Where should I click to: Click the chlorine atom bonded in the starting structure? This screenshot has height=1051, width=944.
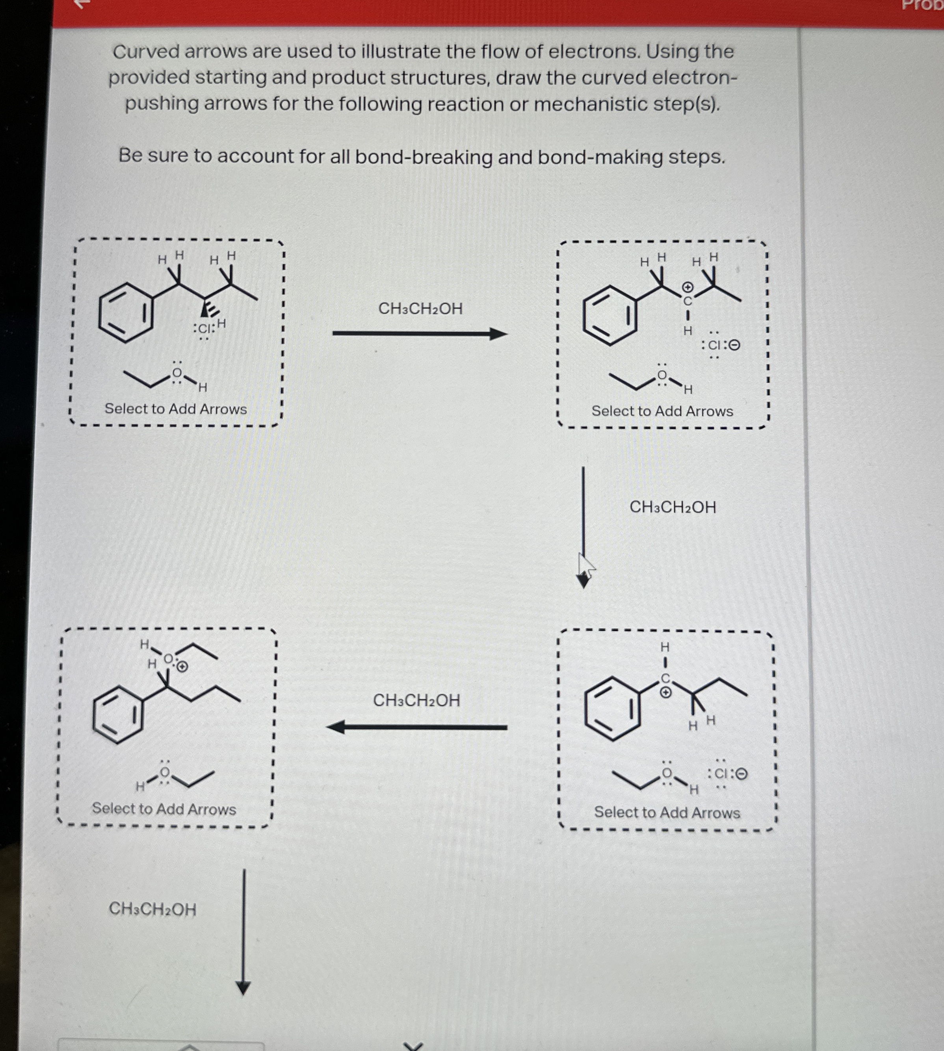pyautogui.click(x=204, y=328)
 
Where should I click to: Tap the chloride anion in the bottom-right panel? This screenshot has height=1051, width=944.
pyautogui.click(x=723, y=774)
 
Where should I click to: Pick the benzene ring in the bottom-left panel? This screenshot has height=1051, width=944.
pyautogui.click(x=118, y=715)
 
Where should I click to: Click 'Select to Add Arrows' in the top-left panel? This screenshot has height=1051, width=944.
pyautogui.click(x=176, y=409)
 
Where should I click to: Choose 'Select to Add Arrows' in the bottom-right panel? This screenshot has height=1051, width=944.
pyautogui.click(x=667, y=812)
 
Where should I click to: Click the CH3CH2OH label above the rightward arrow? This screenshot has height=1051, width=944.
pyautogui.click(x=420, y=309)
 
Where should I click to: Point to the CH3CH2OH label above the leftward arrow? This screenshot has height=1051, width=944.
pyautogui.click(x=416, y=700)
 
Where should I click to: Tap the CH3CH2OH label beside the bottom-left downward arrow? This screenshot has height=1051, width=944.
pyautogui.click(x=152, y=909)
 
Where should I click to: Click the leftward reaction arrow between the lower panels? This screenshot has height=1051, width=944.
pyautogui.click(x=416, y=727)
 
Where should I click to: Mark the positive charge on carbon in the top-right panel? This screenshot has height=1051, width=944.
pyautogui.click(x=687, y=287)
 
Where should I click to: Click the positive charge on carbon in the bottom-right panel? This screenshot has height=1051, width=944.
pyautogui.click(x=666, y=692)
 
